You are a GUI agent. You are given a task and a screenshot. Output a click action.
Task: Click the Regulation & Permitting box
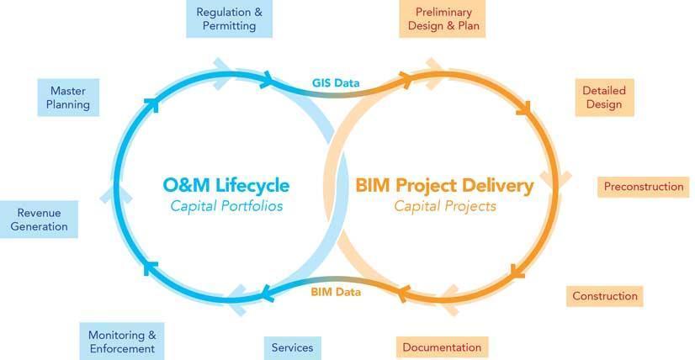229,19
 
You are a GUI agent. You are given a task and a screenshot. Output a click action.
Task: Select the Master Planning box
68,98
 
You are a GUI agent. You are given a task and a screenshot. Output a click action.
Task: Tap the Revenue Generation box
39,220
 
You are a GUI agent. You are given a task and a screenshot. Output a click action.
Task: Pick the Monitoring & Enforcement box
122,341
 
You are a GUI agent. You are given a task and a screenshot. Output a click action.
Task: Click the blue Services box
293,348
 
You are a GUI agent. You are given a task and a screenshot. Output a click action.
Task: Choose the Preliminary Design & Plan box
443,19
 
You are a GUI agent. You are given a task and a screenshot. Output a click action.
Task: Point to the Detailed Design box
604,98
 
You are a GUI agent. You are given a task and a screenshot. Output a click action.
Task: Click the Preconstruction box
644,187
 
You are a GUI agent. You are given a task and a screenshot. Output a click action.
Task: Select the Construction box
605,296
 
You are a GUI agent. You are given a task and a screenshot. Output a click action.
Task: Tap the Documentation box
442,347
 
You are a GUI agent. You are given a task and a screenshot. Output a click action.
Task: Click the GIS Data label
336,83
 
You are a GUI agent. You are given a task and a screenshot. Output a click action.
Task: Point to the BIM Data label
336,292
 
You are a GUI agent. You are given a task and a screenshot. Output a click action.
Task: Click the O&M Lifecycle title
226,185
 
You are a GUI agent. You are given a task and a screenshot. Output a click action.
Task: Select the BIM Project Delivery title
444,186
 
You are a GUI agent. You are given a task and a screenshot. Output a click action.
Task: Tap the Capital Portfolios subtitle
226,206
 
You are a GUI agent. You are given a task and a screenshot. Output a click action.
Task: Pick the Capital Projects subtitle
445,206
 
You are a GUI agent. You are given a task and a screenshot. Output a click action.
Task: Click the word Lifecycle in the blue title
252,186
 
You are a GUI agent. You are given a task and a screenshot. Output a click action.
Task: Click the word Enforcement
122,348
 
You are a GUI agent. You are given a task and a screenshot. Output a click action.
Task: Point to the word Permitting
229,26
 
